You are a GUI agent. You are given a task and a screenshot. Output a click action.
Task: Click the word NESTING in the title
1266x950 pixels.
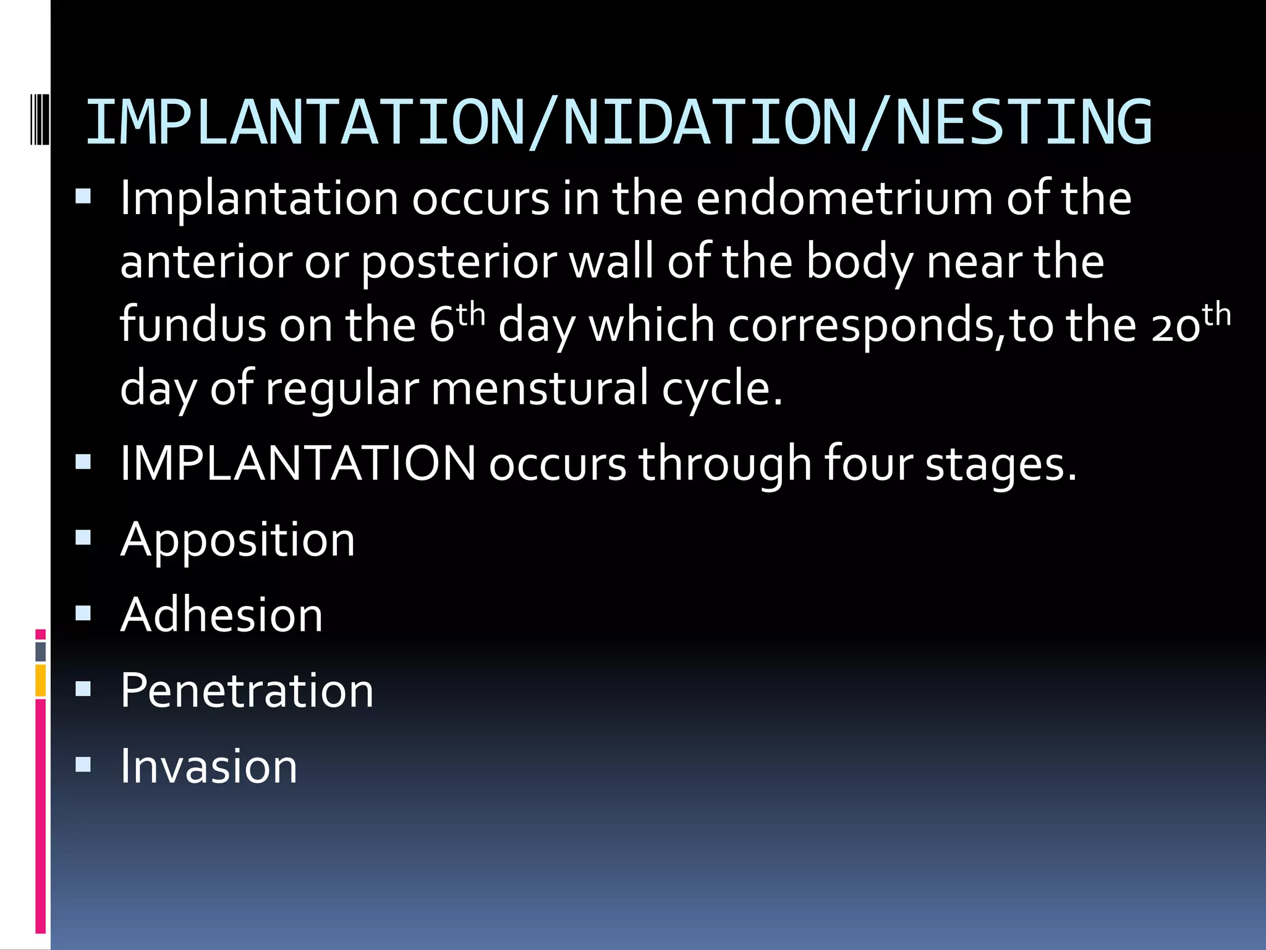1023,123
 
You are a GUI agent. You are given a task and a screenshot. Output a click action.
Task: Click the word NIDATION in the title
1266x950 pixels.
710,123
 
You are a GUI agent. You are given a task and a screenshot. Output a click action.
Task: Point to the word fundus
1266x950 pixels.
192,325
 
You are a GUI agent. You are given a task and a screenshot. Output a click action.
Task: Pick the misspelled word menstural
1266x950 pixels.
540,390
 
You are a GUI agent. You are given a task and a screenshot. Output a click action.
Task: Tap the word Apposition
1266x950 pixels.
238,540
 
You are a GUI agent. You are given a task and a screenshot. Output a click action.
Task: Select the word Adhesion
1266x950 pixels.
222,615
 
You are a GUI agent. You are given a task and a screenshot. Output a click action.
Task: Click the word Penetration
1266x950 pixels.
247,691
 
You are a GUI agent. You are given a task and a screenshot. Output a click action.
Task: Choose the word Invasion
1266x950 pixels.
209,767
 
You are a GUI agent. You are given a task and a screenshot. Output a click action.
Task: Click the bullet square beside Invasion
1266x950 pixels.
83,765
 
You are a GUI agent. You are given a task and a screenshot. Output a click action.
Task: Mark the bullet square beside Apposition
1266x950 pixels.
83,538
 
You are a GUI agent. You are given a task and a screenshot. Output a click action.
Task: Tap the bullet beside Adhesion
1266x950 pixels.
83,614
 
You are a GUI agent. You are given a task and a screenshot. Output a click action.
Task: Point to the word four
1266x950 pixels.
868,464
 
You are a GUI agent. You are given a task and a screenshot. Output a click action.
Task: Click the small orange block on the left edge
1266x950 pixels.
41,680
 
